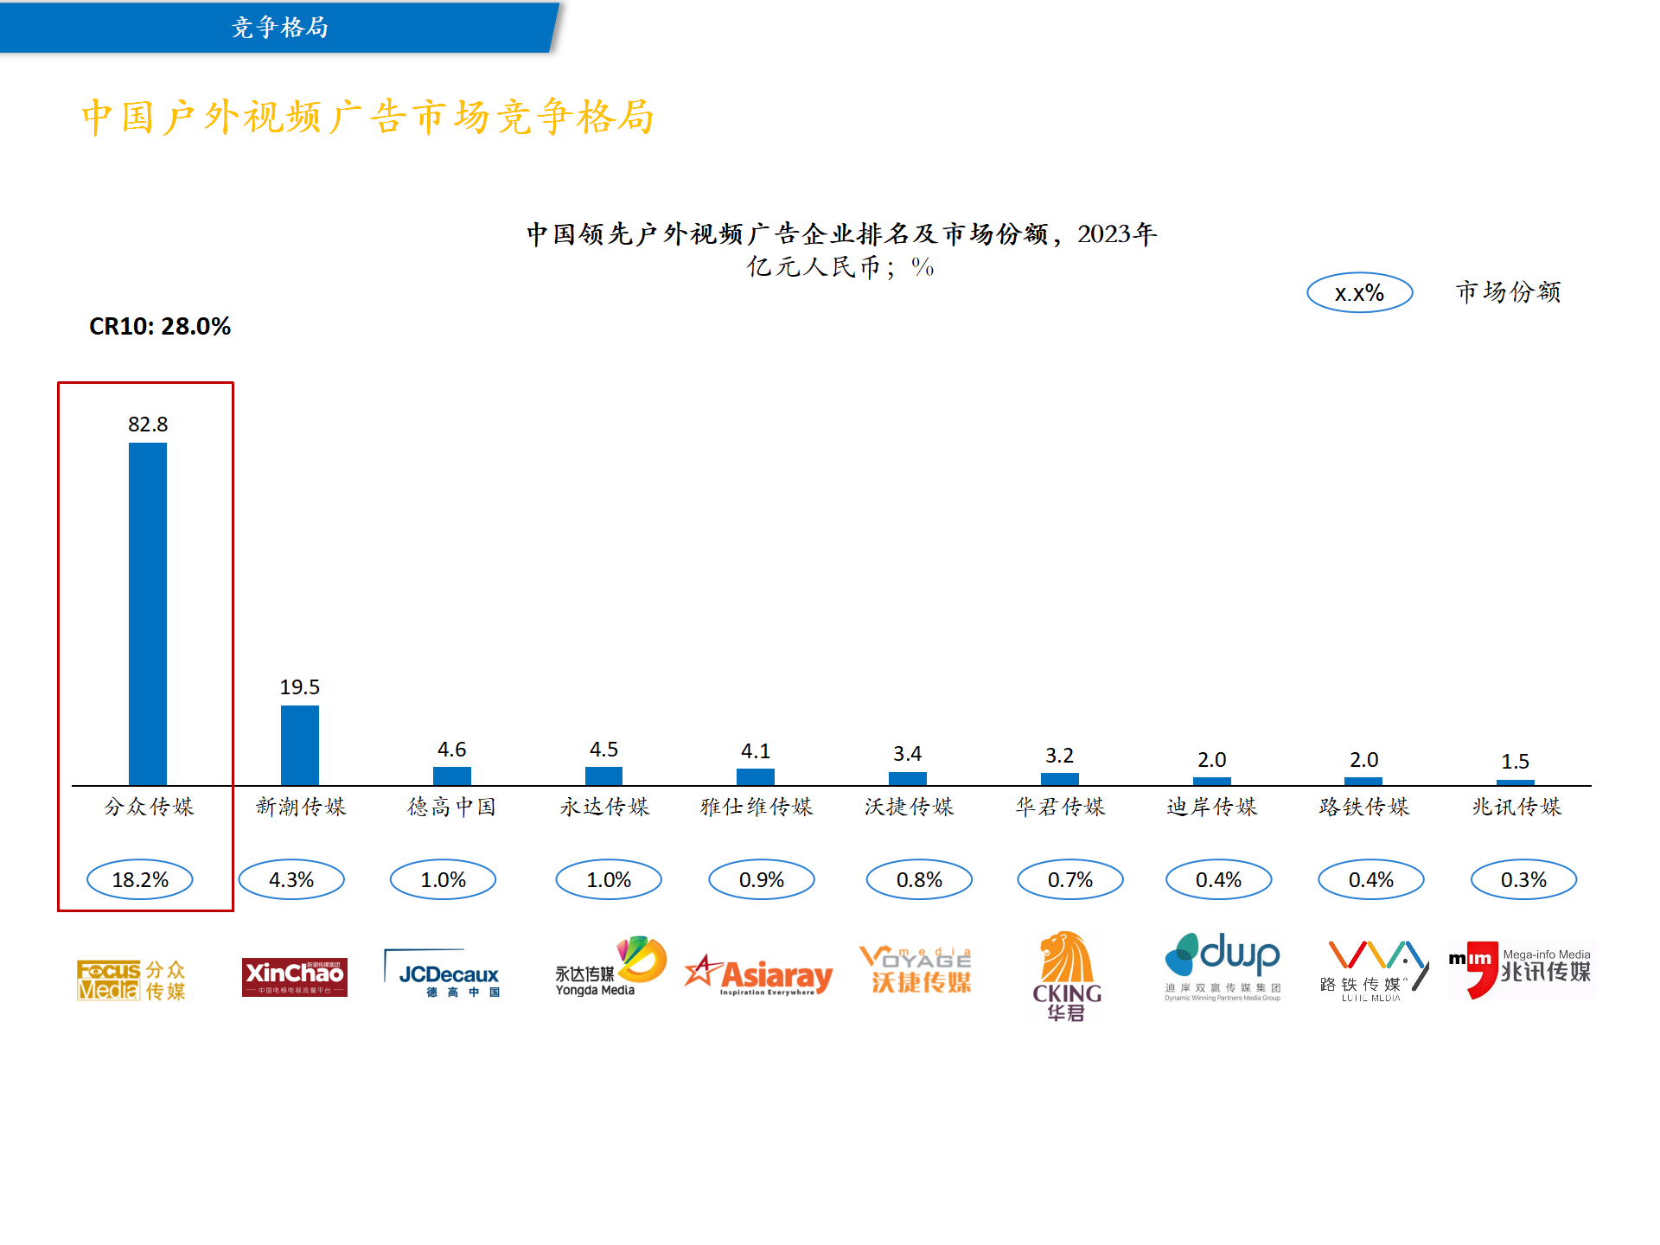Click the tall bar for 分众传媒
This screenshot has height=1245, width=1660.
148,614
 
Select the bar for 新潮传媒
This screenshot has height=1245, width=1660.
300,745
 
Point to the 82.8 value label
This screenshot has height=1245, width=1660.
148,425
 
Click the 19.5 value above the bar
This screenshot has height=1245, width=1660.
300,687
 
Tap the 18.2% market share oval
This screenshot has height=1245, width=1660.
140,880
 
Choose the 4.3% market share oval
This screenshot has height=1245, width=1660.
291,880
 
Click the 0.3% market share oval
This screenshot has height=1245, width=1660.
1523,880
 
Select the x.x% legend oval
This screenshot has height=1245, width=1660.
1359,293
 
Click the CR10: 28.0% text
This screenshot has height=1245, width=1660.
160,327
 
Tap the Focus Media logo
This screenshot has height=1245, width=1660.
131,980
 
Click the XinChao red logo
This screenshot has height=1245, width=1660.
295,977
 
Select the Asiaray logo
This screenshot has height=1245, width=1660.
758,976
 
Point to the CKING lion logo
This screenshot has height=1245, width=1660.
1067,975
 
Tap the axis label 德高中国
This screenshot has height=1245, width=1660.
452,808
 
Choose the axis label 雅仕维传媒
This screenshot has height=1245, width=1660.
757,808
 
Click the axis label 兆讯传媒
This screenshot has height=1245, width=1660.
1516,808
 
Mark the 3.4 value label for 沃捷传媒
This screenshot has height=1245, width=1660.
908,754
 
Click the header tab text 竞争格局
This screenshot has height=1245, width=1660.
280,28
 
